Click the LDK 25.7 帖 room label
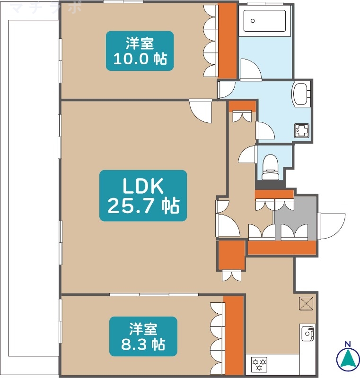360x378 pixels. [x=143, y=196]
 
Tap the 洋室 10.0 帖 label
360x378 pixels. [x=140, y=51]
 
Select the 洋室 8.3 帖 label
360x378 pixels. [x=143, y=336]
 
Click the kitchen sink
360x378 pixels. [x=307, y=333]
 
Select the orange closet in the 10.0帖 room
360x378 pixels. [x=227, y=41]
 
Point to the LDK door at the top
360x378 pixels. [x=201, y=111]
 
